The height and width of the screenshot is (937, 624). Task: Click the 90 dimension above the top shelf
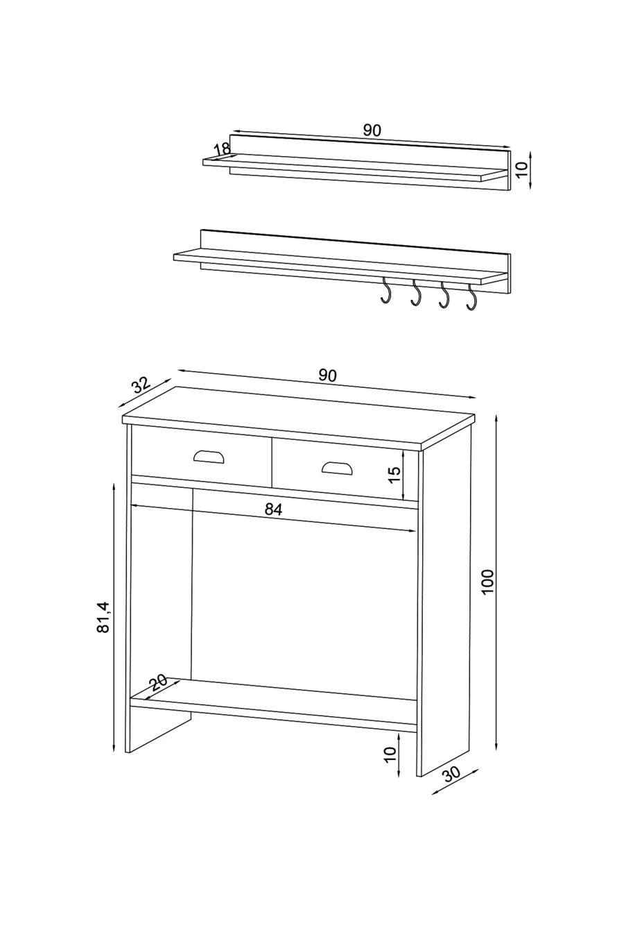click(x=372, y=130)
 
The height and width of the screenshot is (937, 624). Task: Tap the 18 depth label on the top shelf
click(x=222, y=149)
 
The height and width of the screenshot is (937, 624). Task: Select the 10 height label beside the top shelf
click(x=522, y=167)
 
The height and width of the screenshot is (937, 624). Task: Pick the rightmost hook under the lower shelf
click(x=473, y=296)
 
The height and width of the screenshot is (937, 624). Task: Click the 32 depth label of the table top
click(x=141, y=385)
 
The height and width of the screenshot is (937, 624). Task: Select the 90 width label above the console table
click(x=327, y=375)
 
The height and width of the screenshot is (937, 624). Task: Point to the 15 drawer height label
click(x=394, y=475)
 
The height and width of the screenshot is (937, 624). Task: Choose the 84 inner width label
click(x=274, y=509)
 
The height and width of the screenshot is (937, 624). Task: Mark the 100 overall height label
click(x=487, y=582)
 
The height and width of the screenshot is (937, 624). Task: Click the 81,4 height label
click(x=104, y=617)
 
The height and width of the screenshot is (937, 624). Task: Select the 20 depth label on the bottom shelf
click(x=159, y=682)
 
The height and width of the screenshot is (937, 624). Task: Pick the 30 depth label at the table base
click(x=452, y=775)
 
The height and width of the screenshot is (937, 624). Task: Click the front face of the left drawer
click(x=201, y=458)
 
